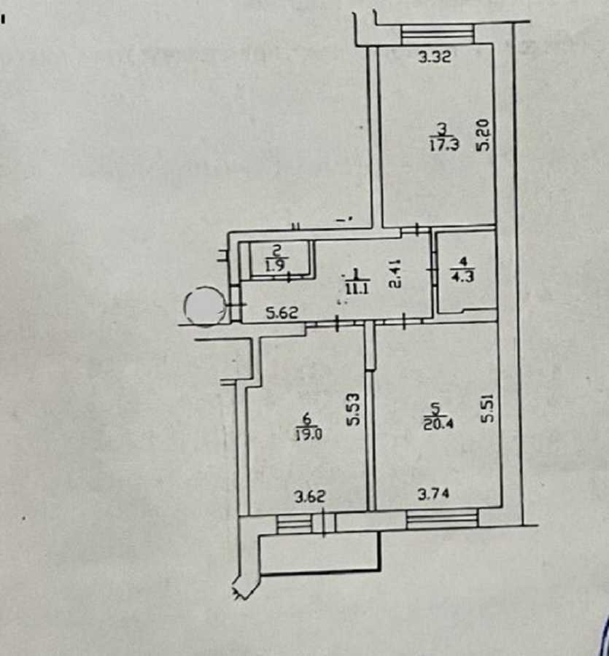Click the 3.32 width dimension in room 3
pyautogui.click(x=436, y=58)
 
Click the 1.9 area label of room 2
pyautogui.click(x=275, y=265)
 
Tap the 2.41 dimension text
pyautogui.click(x=394, y=273)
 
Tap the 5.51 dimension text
pyautogui.click(x=488, y=409)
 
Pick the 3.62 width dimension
pyautogui.click(x=309, y=498)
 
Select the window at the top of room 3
pyautogui.click(x=437, y=34)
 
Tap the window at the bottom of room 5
pyautogui.click(x=442, y=519)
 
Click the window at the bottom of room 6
pyautogui.click(x=295, y=523)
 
